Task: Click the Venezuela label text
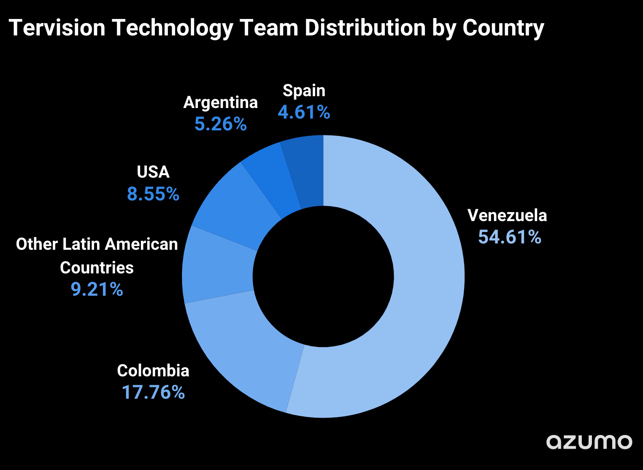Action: point(507,216)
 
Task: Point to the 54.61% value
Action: point(510,237)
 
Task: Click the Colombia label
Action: point(153,371)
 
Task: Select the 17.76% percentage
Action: point(153,392)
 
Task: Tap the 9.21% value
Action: point(97,289)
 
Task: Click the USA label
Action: point(153,172)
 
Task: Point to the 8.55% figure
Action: point(153,194)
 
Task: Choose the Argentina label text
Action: point(220,103)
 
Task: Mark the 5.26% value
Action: point(220,124)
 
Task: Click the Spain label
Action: point(304,91)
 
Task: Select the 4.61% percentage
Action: point(304,112)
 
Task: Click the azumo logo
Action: point(589,442)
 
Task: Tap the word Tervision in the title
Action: point(57,28)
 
